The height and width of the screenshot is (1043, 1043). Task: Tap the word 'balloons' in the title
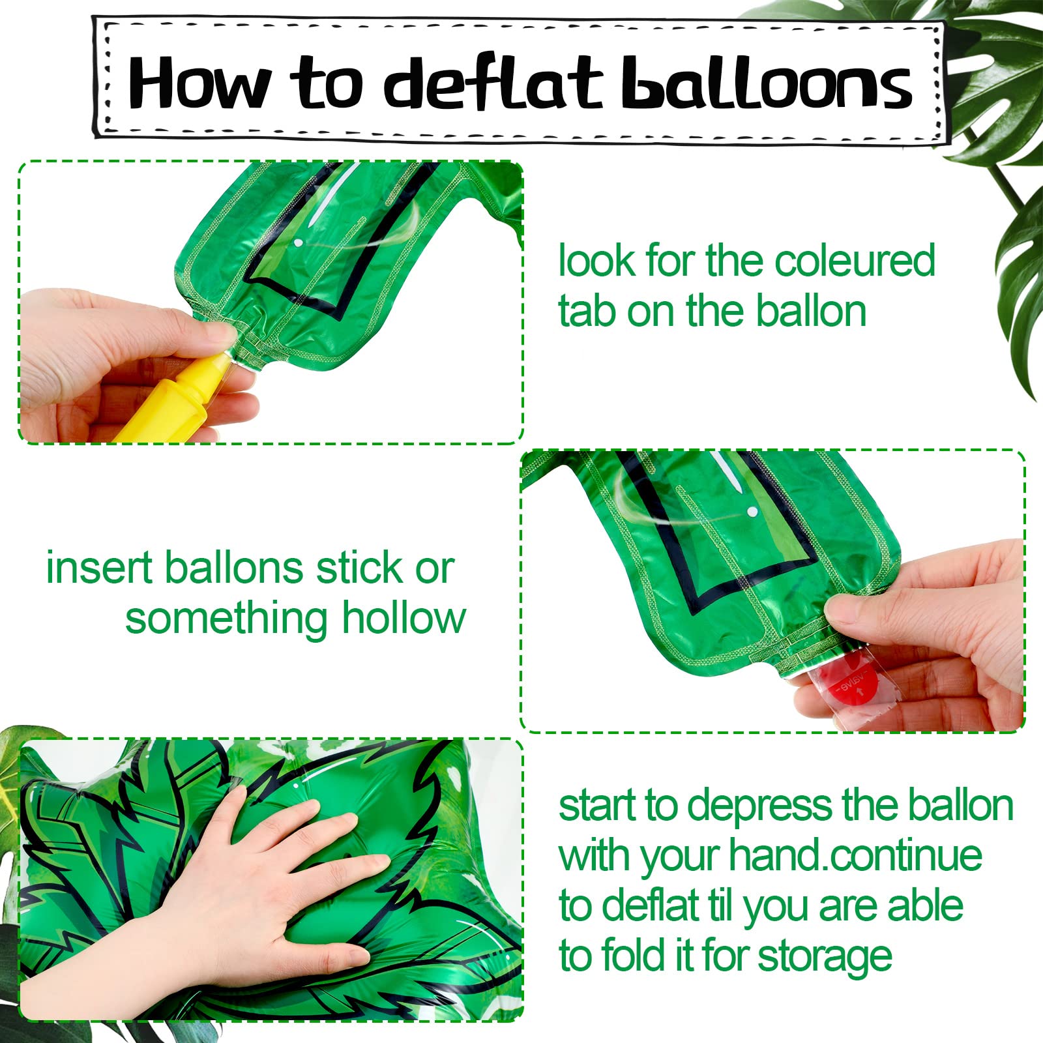pyautogui.click(x=767, y=83)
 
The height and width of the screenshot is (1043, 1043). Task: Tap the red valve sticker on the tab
pyautogui.click(x=847, y=684)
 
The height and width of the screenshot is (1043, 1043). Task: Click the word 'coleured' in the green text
pyautogui.click(x=855, y=261)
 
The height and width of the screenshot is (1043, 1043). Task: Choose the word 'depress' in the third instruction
pyautogui.click(x=759, y=806)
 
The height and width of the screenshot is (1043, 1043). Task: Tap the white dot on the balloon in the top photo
pyautogui.click(x=298, y=243)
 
